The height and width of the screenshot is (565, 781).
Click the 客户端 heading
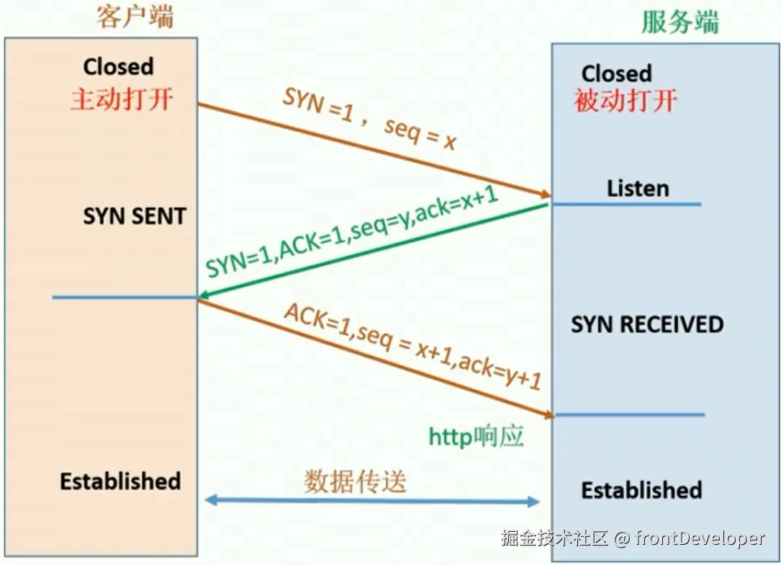(135, 17)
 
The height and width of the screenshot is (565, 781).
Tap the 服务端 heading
(680, 22)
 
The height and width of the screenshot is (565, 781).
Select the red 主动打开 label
(122, 99)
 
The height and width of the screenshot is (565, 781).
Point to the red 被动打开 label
(625, 101)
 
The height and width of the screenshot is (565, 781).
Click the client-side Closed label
(118, 67)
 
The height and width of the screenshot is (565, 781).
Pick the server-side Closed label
(616, 74)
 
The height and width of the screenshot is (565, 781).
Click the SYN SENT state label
(135, 216)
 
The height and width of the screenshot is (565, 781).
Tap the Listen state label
(638, 189)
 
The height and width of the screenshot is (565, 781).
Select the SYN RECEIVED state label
(647, 324)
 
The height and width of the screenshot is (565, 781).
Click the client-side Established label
(120, 481)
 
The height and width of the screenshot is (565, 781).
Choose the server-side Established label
(641, 491)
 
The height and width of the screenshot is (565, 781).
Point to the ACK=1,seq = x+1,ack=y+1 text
(412, 346)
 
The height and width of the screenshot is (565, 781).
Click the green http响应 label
(476, 437)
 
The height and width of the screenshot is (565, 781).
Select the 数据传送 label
(355, 482)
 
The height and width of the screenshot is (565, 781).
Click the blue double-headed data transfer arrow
(372, 501)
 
